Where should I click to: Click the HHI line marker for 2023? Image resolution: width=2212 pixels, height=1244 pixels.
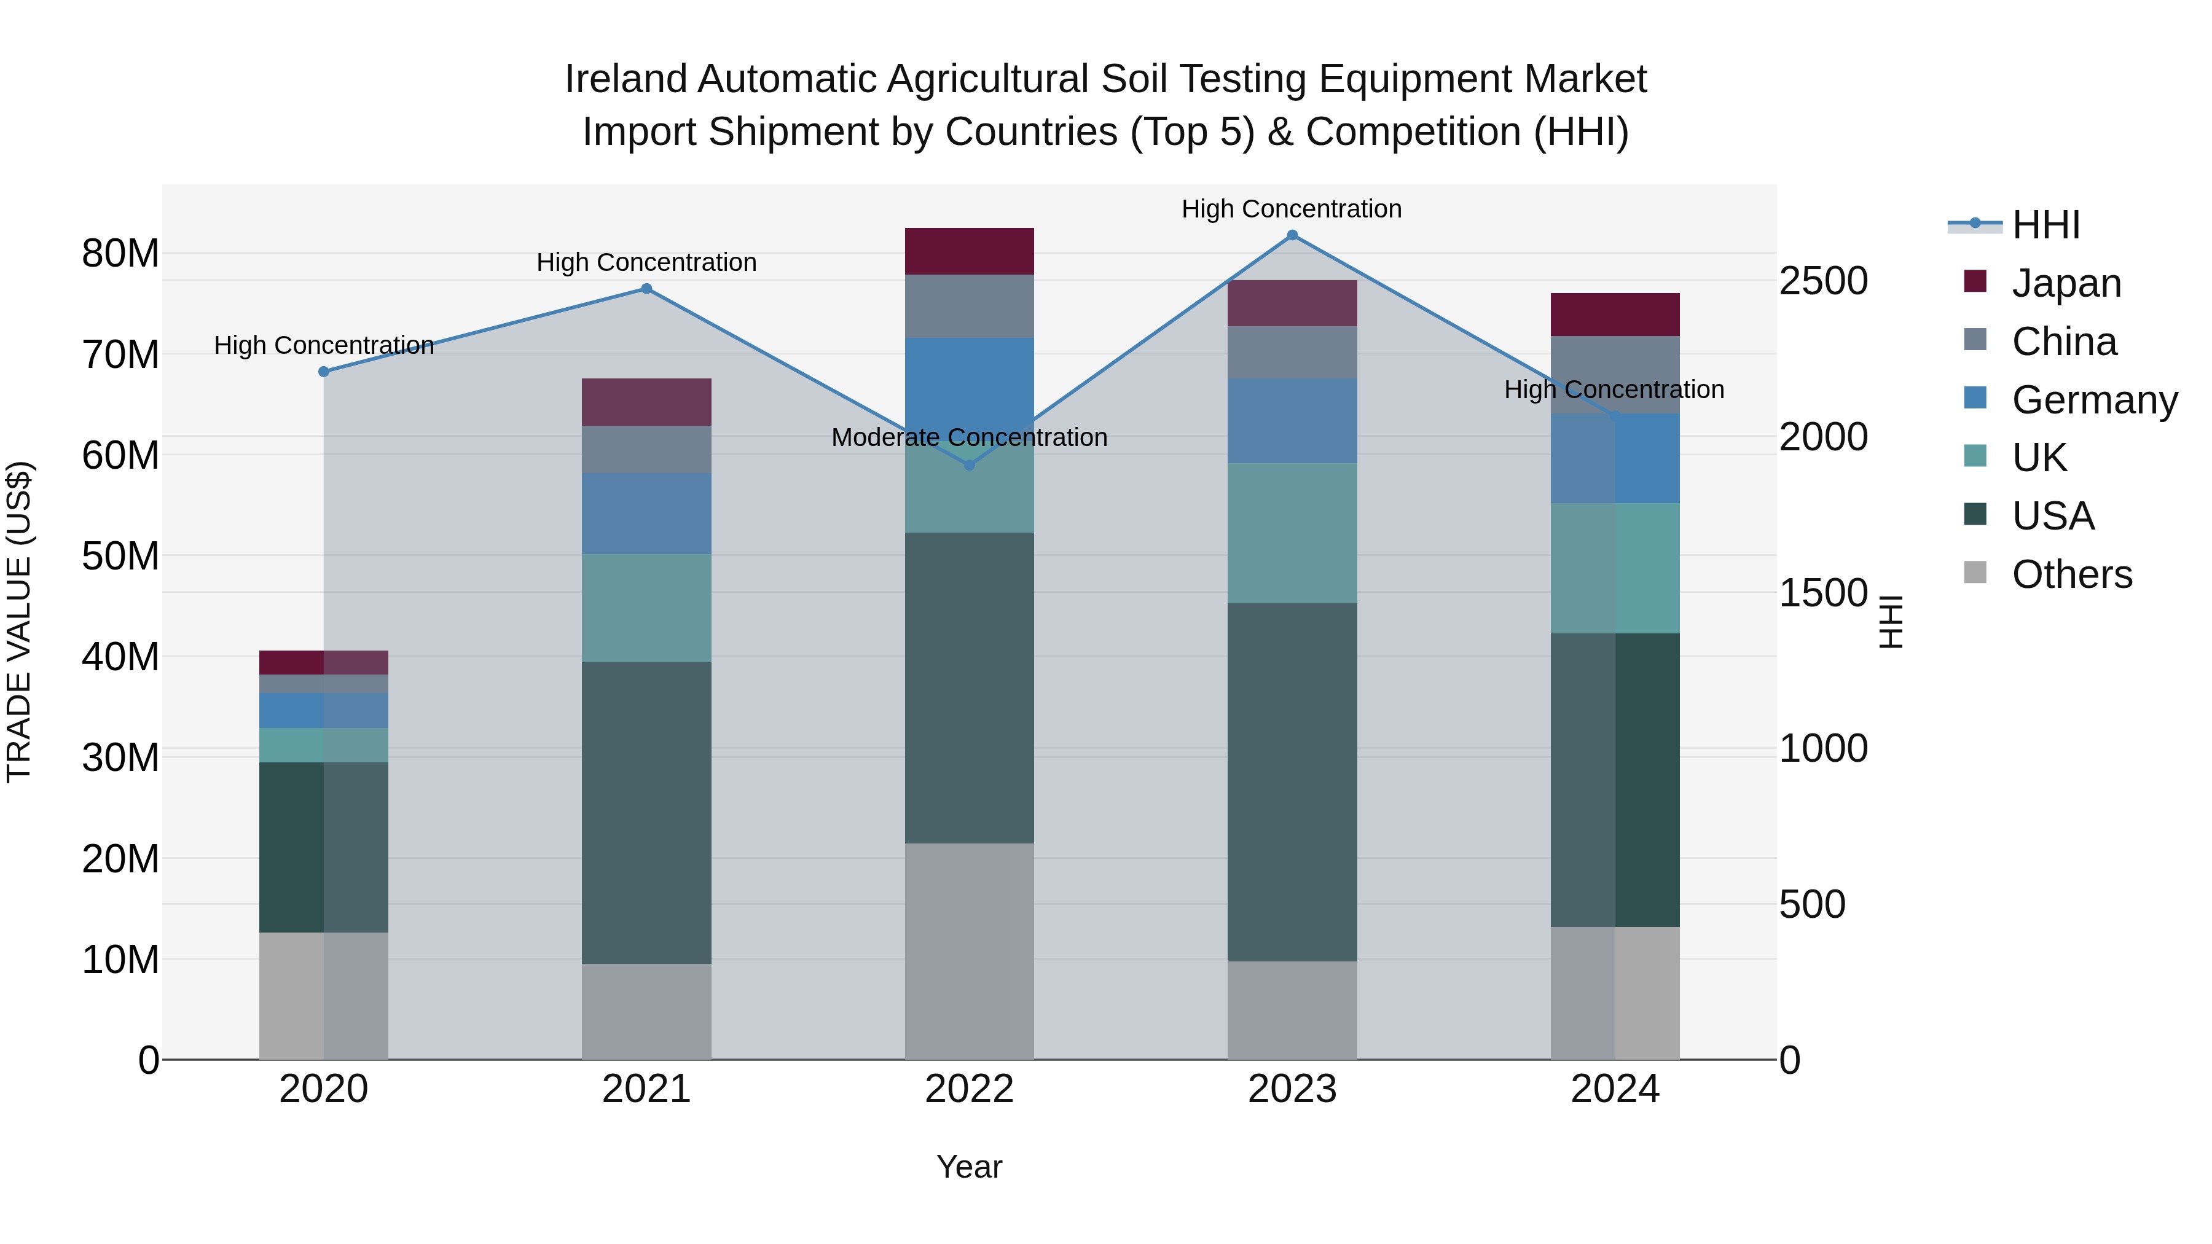(1292, 235)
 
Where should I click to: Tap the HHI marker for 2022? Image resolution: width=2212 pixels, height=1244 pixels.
(970, 465)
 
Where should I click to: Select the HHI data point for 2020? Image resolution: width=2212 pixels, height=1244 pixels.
(324, 372)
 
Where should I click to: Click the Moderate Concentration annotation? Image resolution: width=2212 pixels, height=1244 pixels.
(970, 438)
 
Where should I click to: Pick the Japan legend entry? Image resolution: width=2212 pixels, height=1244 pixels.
(2065, 283)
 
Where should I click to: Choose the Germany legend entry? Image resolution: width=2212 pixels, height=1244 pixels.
(2093, 399)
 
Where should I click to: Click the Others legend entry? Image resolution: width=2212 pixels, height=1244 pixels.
(2071, 574)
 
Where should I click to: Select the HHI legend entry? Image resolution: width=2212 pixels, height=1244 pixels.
(2045, 225)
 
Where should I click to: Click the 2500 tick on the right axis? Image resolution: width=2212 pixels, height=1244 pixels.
(1823, 281)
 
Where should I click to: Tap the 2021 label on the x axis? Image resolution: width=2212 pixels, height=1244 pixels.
(646, 1089)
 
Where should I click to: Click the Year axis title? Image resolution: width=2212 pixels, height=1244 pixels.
(970, 1167)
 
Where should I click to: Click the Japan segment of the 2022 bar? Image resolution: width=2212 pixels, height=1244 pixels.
(970, 251)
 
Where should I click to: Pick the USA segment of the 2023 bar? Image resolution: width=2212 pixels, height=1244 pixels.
(1292, 781)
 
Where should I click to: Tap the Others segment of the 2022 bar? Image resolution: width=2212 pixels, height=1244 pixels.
(970, 950)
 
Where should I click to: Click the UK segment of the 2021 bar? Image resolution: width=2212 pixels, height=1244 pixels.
(646, 608)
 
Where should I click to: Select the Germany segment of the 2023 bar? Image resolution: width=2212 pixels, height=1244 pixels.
(1292, 421)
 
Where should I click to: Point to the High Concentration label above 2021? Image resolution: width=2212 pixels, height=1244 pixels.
(646, 263)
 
